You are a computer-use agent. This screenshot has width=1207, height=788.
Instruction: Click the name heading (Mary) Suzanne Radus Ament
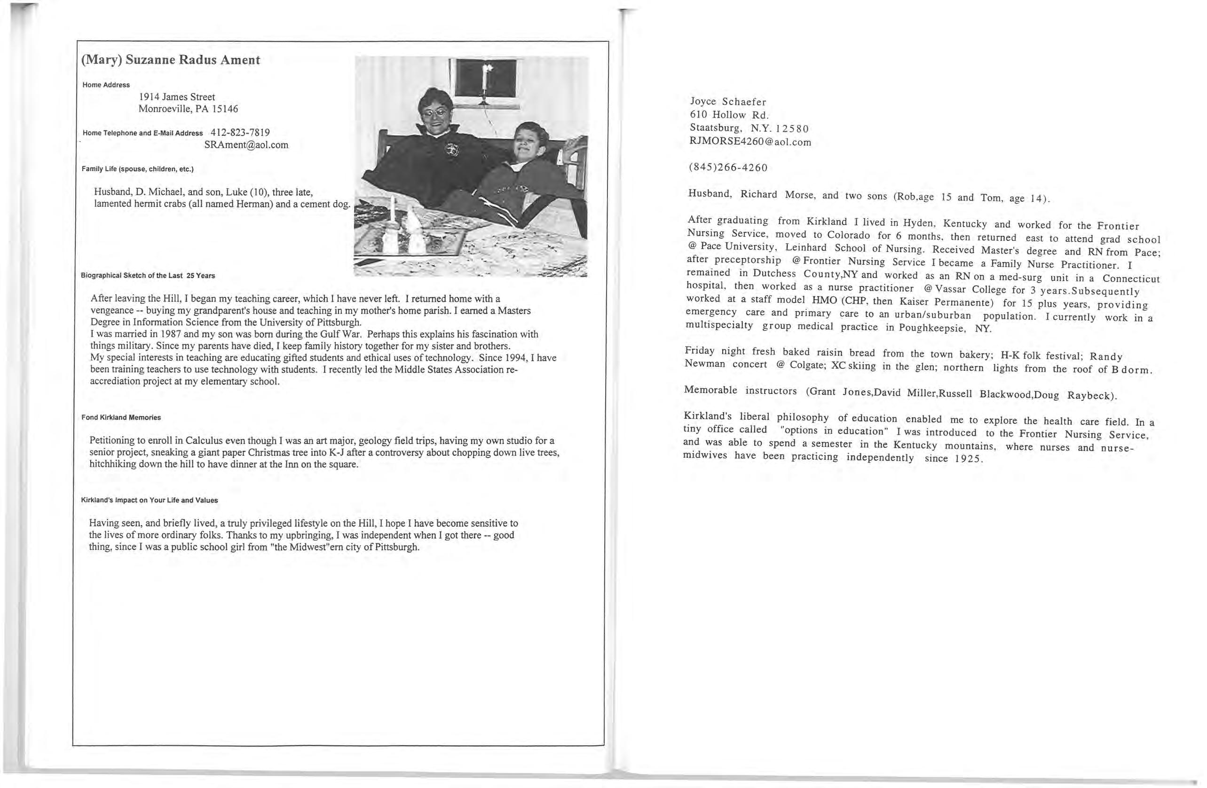point(170,60)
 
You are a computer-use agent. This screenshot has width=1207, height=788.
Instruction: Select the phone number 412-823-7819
point(240,133)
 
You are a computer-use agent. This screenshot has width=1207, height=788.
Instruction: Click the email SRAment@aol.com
point(246,144)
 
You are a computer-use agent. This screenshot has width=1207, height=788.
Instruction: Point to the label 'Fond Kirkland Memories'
point(121,418)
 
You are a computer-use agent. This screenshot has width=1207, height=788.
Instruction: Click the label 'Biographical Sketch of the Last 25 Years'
point(148,276)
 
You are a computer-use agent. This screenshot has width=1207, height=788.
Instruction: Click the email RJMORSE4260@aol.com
point(750,142)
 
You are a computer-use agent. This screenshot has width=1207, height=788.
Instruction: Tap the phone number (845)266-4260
point(728,167)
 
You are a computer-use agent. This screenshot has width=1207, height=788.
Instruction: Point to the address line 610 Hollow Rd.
point(729,115)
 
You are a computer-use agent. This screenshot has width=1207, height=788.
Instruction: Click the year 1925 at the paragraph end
point(968,459)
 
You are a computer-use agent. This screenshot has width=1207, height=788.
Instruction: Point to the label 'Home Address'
point(106,85)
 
